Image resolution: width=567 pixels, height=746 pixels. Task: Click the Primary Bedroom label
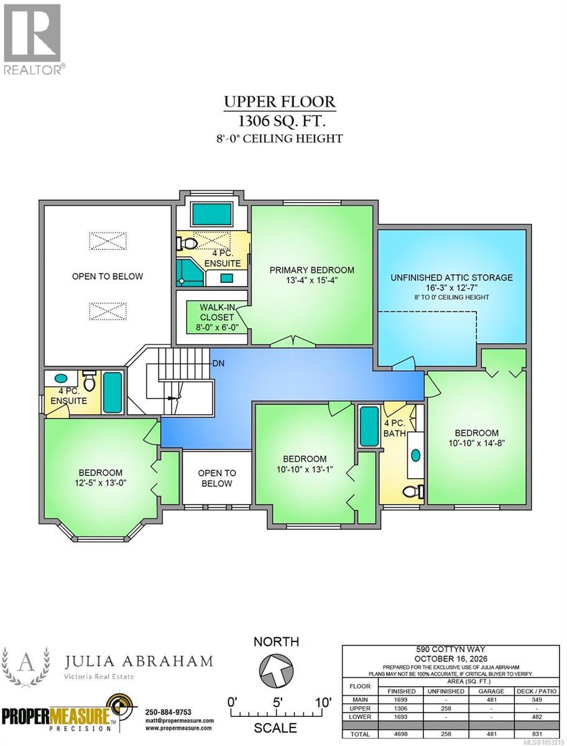coord(311,270)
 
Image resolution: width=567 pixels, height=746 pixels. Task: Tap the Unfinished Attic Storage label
coord(451,278)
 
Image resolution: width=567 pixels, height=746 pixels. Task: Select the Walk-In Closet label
coord(217,312)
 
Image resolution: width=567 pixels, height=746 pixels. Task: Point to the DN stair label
coord(218,363)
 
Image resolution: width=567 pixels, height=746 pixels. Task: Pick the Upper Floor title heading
coord(280,102)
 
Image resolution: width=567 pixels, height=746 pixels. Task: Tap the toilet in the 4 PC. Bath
coord(413,491)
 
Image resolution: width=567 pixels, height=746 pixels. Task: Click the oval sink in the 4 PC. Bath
coord(416,455)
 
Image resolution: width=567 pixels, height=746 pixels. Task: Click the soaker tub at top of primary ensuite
coord(213,214)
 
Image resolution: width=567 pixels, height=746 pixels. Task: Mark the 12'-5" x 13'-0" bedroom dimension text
coord(101,482)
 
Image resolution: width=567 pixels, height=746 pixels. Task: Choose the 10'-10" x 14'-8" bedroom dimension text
coord(477,443)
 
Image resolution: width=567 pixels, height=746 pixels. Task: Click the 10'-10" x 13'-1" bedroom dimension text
coord(305,469)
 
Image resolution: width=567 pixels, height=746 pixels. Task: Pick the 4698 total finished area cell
coord(401,734)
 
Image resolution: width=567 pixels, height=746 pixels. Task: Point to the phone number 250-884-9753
coord(168,712)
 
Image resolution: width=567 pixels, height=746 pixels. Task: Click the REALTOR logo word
coord(32,70)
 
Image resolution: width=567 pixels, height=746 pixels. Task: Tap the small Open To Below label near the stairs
coord(217,478)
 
